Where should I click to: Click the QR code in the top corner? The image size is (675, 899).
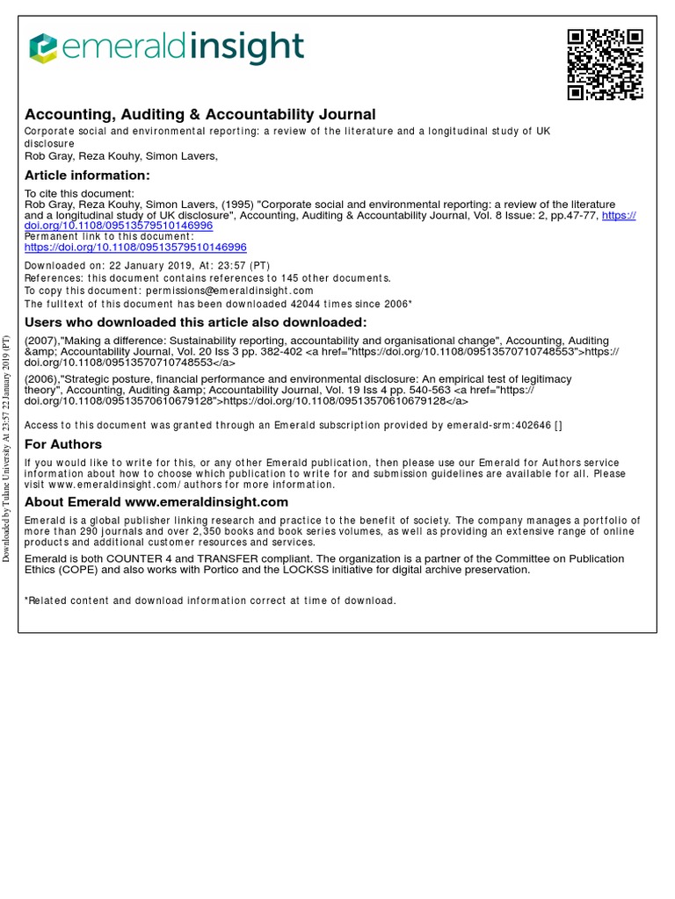pyautogui.click(x=605, y=64)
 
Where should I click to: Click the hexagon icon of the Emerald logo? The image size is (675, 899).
pyautogui.click(x=43, y=49)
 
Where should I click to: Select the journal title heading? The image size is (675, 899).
pyautogui.click(x=200, y=115)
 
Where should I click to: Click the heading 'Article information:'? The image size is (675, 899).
pyautogui.click(x=87, y=176)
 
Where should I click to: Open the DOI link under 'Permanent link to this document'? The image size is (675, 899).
pyautogui.click(x=135, y=248)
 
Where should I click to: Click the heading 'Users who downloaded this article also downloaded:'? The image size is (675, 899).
pyautogui.click(x=195, y=322)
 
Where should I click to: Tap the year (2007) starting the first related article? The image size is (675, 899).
pyautogui.click(x=41, y=341)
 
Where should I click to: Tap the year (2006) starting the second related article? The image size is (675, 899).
pyautogui.click(x=41, y=379)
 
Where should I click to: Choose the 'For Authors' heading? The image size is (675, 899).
pyautogui.click(x=63, y=444)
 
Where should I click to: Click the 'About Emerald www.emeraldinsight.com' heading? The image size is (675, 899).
pyautogui.click(x=156, y=502)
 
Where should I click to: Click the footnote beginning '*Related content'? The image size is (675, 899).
pyautogui.click(x=210, y=601)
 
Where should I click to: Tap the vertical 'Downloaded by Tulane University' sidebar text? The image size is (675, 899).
pyautogui.click(x=6, y=448)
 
